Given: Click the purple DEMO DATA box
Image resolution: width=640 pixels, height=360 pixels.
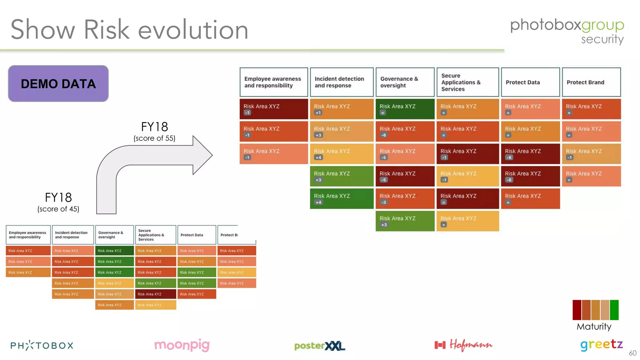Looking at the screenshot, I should (58, 83).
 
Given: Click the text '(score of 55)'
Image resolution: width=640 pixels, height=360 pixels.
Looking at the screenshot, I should (154, 138).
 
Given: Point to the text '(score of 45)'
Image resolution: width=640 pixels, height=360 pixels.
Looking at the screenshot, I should (58, 209).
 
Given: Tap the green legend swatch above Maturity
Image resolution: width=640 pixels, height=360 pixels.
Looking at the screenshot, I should (614, 310).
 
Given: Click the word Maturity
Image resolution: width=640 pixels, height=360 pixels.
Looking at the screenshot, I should (594, 327).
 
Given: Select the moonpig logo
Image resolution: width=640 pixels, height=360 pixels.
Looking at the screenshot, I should (182, 345).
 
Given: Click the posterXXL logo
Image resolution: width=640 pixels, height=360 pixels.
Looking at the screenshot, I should (319, 346).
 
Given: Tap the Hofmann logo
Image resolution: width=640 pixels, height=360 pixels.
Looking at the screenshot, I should (463, 345).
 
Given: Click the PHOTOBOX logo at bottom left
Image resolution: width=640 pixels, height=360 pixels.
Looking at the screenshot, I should (42, 345).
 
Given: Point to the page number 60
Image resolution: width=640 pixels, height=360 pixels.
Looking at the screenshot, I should (632, 353).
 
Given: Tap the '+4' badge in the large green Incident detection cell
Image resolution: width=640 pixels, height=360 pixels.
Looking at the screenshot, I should (318, 202).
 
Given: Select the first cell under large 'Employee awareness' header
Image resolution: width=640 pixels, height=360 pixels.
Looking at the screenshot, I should (273, 109).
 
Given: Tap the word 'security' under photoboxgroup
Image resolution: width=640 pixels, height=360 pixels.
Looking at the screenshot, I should (602, 39).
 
